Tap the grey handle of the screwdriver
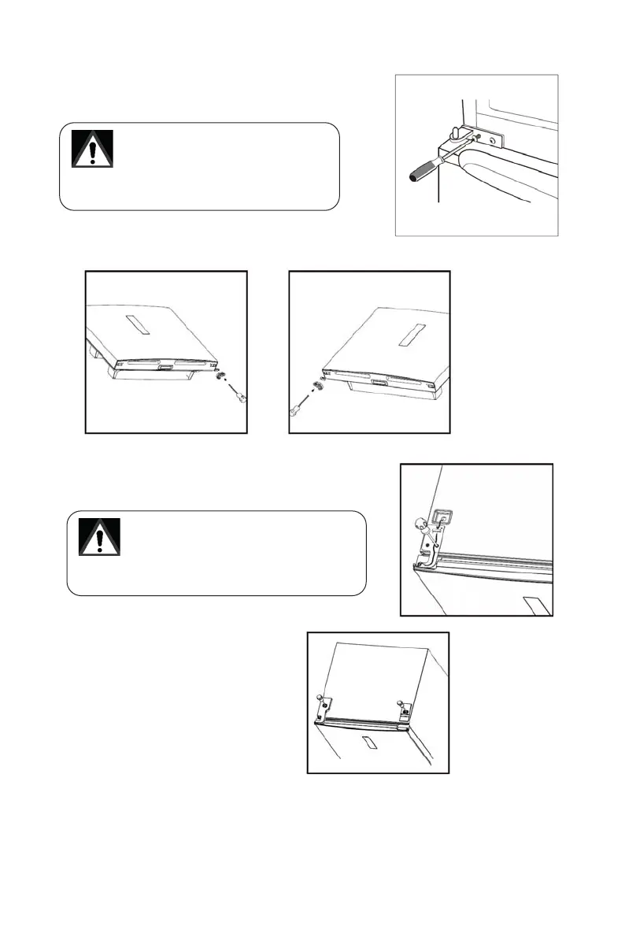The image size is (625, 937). (423, 171)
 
